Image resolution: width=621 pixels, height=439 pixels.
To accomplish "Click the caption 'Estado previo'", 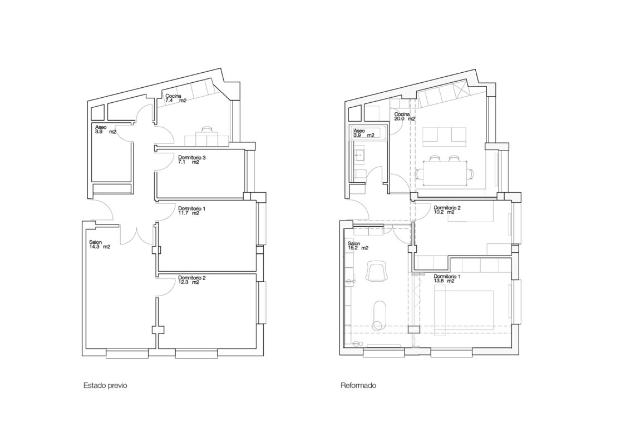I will (x=106, y=385).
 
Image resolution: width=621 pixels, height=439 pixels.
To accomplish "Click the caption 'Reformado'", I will (x=358, y=385).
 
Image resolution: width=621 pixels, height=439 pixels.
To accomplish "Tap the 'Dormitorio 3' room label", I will (x=193, y=158).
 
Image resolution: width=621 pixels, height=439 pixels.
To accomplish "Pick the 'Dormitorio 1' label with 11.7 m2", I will (x=192, y=208).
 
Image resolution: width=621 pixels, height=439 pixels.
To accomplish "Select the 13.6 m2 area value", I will (x=444, y=281).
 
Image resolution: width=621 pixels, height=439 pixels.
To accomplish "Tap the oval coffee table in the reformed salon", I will (x=380, y=316).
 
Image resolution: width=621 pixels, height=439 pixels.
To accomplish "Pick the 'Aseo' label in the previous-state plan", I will (x=101, y=127).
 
